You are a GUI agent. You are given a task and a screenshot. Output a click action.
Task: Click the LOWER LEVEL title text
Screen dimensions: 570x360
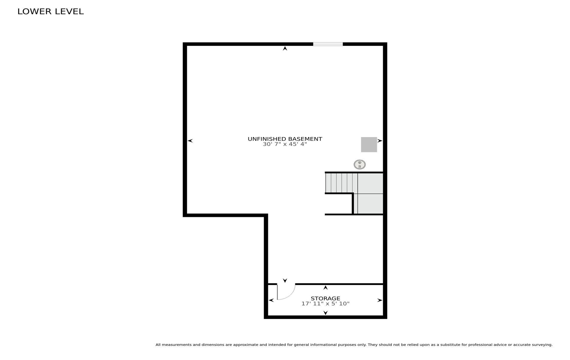click(51, 12)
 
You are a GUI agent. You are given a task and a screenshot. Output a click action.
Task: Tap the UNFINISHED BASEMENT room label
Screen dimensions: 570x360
click(285, 139)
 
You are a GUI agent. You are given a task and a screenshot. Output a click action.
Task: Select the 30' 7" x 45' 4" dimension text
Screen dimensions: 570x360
click(285, 144)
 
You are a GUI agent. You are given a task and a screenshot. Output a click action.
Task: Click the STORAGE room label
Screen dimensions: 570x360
click(325, 298)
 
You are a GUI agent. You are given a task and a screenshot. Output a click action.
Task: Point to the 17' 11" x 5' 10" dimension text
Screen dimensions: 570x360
click(325, 304)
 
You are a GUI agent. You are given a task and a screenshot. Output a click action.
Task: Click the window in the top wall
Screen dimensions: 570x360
click(328, 44)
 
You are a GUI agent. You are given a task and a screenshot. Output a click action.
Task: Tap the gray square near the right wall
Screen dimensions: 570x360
click(369, 145)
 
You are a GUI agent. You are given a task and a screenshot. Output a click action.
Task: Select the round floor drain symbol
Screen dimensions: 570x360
click(360, 164)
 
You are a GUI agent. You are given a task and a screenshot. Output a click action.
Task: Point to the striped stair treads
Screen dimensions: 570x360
click(341, 183)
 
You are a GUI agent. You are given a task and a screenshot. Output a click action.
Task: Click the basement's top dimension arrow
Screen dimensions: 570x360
click(285, 48)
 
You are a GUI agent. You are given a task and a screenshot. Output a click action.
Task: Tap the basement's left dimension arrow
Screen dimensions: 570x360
click(190, 141)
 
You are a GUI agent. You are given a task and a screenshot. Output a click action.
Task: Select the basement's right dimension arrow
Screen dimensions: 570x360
click(380, 141)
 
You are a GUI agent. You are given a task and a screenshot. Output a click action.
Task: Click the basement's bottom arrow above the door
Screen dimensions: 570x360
click(285, 280)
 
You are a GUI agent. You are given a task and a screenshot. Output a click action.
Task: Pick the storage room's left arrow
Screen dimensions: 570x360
click(271, 300)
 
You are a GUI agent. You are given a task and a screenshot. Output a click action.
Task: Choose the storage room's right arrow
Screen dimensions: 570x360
click(380, 300)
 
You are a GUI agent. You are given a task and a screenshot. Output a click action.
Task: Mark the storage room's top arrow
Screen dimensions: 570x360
click(325, 288)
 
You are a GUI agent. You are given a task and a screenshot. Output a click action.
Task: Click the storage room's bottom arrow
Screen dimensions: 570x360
click(325, 313)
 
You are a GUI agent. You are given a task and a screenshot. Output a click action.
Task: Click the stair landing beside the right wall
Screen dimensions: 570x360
click(370, 193)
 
